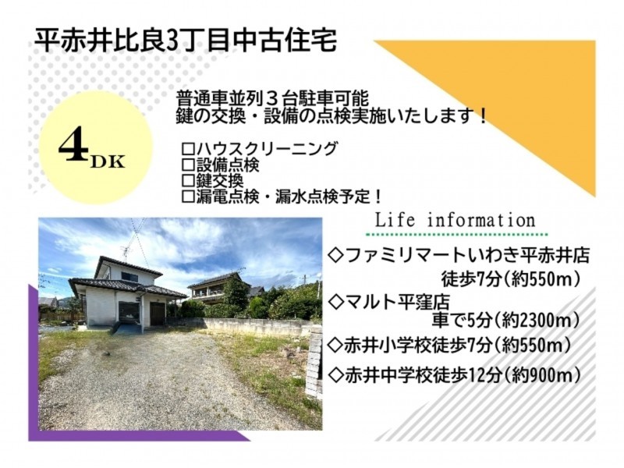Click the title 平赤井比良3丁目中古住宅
pos(186,41)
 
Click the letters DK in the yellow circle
pos(108,162)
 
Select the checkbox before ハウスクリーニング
pos(187,149)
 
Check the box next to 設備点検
pos(187,165)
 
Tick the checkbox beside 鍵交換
pos(187,181)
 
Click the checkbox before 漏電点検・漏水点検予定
pos(187,197)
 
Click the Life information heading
pos(456,220)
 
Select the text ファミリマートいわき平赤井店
pos(467,256)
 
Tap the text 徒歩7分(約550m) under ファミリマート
pos(511,279)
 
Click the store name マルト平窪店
pos(397,303)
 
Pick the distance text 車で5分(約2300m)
pos(505,321)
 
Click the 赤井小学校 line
pos(449,345)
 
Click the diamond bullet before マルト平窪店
pos(337,303)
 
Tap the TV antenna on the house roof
pos(126,253)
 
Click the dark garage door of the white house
pos(158,314)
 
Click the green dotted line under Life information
pos(456,234)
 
